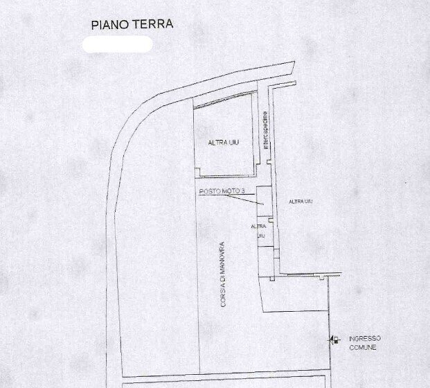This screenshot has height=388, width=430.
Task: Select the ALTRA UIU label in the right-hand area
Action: [x=301, y=201]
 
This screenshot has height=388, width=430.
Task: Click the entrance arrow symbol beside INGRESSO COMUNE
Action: [x=335, y=339]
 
